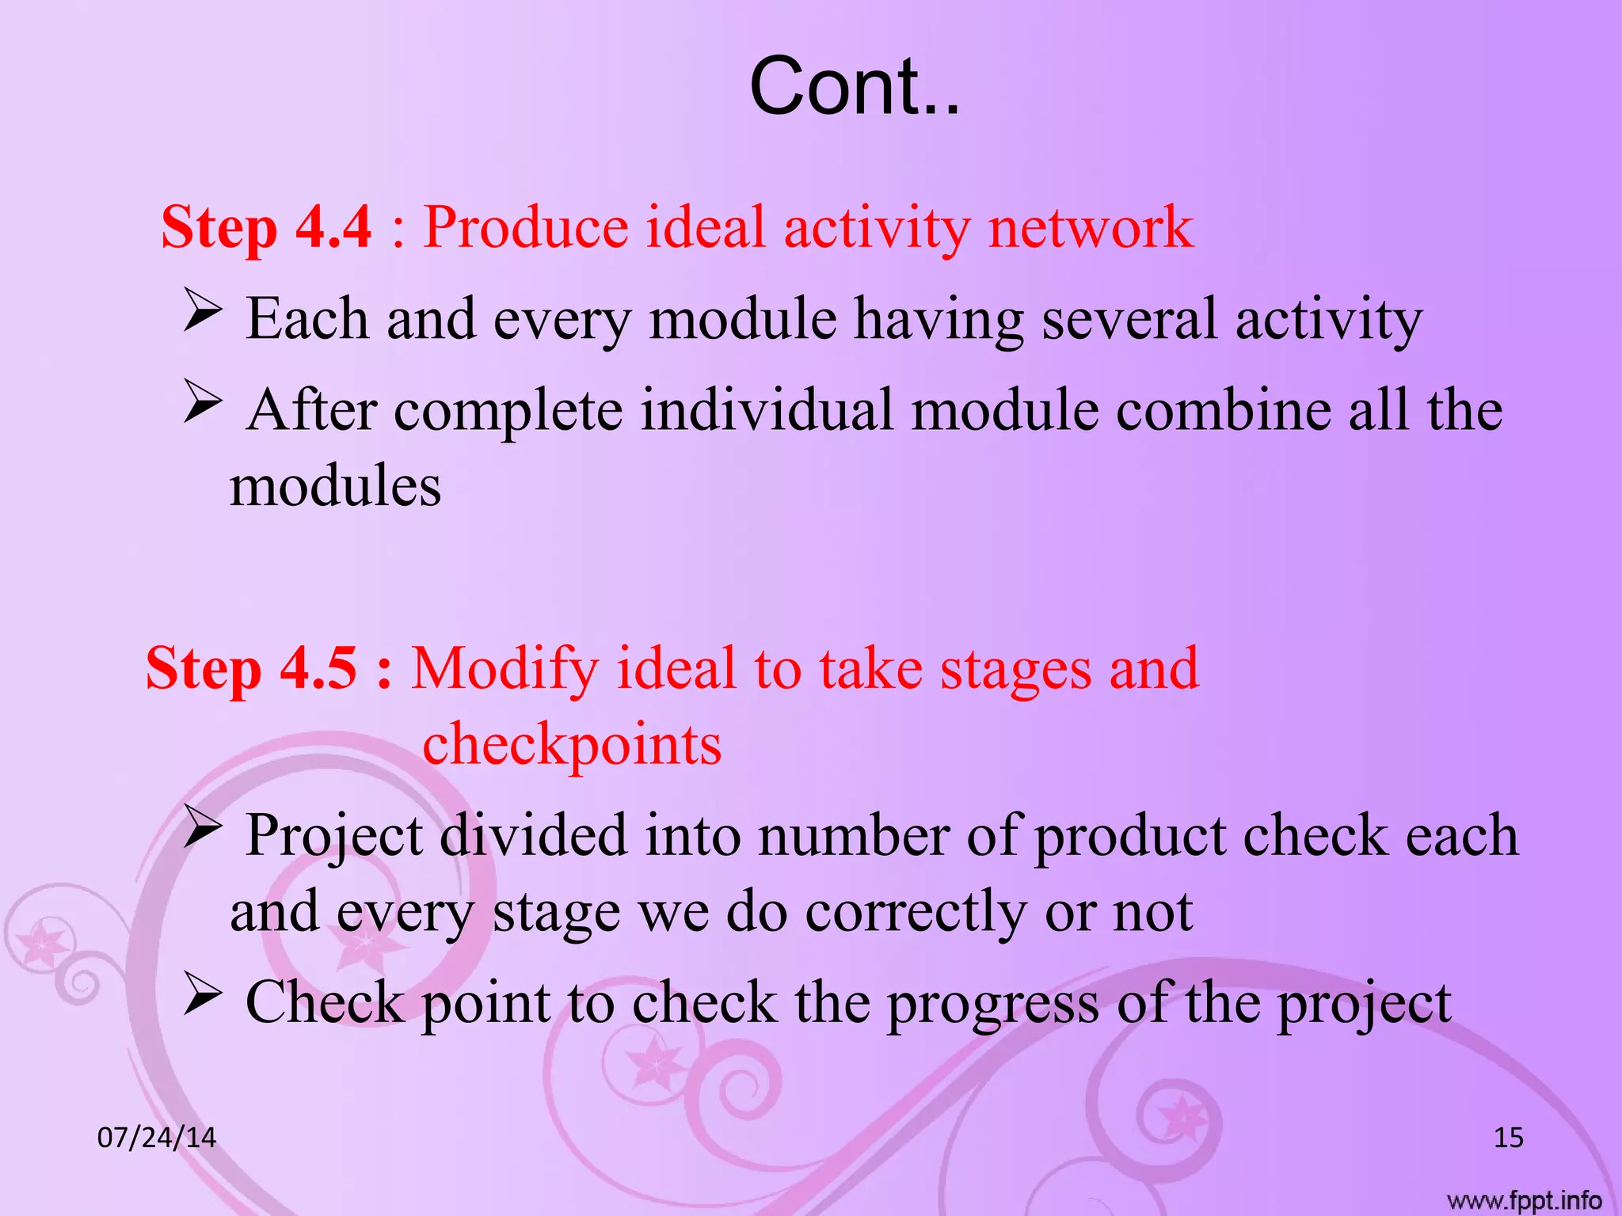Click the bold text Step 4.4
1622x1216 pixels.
(266, 227)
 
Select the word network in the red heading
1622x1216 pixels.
(1091, 227)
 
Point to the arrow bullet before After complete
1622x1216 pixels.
(203, 401)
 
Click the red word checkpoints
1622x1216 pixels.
(572, 744)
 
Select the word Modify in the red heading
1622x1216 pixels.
(504, 668)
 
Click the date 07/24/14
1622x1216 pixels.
(156, 1138)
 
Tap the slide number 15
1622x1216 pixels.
(1508, 1138)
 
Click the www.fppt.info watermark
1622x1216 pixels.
(1524, 1200)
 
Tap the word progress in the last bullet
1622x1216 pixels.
(992, 1004)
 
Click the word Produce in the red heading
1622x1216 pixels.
(525, 227)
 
